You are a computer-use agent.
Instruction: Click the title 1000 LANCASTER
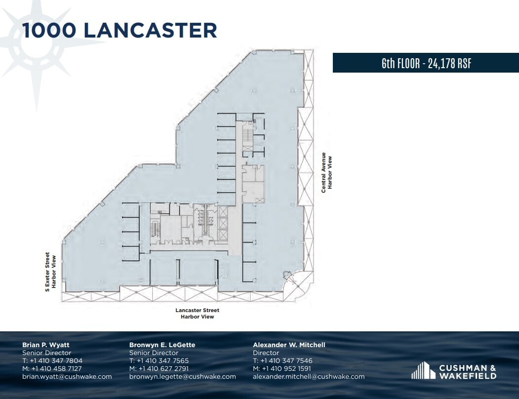[x=120, y=30]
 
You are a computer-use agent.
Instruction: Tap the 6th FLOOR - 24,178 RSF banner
[x=426, y=63]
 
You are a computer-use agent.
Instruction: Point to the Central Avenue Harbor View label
[x=327, y=172]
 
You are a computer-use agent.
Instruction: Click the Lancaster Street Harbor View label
[x=197, y=313]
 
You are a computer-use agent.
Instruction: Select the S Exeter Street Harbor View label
[x=50, y=272]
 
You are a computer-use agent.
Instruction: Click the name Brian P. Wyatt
[x=46, y=345]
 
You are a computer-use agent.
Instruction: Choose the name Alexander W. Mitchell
[x=289, y=345]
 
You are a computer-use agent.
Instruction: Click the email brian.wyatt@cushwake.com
[x=67, y=376]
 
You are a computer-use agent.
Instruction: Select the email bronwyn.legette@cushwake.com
[x=182, y=376]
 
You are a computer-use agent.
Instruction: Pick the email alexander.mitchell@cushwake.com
[x=309, y=376]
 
